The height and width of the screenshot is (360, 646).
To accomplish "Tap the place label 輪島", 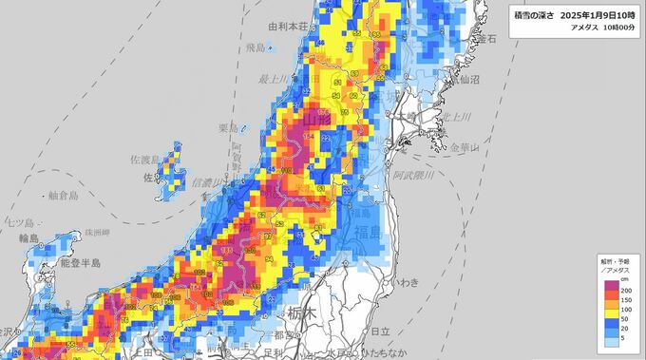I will pos(14,238).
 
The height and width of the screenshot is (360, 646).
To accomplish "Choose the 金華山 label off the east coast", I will pos(466,148).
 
